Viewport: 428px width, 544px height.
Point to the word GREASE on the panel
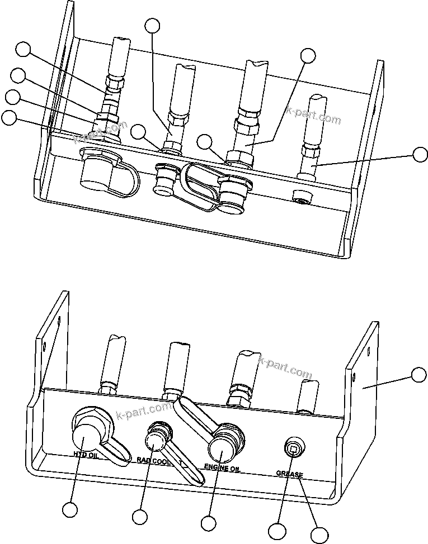point(290,474)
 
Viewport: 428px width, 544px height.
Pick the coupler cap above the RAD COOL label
point(156,440)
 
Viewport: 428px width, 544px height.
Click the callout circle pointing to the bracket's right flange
point(418,375)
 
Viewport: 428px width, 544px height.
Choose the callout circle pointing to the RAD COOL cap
point(140,517)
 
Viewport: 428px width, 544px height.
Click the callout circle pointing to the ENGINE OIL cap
point(208,523)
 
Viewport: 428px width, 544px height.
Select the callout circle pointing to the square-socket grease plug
point(276,531)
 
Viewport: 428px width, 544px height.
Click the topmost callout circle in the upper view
point(152,25)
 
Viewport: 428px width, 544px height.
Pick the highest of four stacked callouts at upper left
point(23,49)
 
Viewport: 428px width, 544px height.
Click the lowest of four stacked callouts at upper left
point(9,117)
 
